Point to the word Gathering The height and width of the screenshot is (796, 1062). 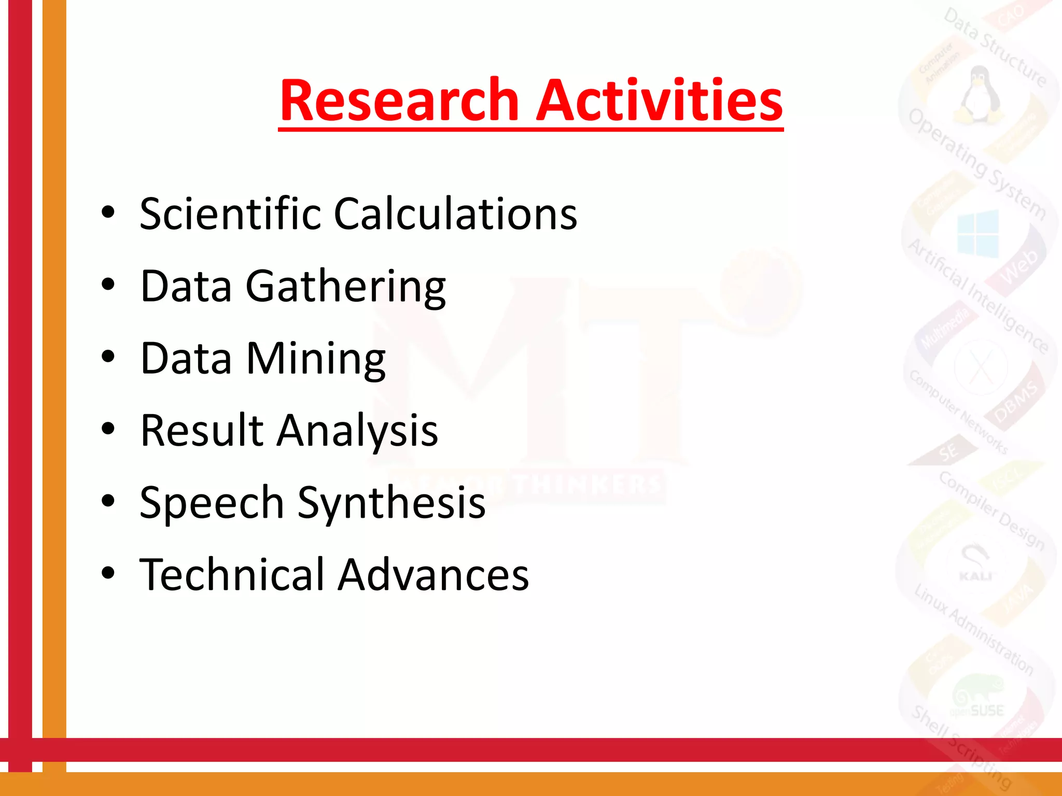pyautogui.click(x=345, y=287)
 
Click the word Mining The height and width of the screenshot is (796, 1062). pyautogui.click(x=316, y=359)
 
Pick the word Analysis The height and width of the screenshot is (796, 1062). pyautogui.click(x=357, y=431)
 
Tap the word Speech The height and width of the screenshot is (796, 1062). pyautogui.click(x=212, y=503)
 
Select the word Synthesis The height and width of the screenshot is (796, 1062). pyautogui.click(x=392, y=503)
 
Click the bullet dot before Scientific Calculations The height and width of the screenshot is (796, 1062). pyautogui.click(x=108, y=212)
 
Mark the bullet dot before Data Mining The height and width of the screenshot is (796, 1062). pyautogui.click(x=108, y=357)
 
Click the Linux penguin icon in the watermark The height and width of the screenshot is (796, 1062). pyautogui.click(x=978, y=93)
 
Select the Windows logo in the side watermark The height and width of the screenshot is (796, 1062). pyautogui.click(x=978, y=234)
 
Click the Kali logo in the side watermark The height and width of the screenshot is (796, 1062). pyautogui.click(x=975, y=563)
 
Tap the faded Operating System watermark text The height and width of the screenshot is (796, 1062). pyautogui.click(x=977, y=164)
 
